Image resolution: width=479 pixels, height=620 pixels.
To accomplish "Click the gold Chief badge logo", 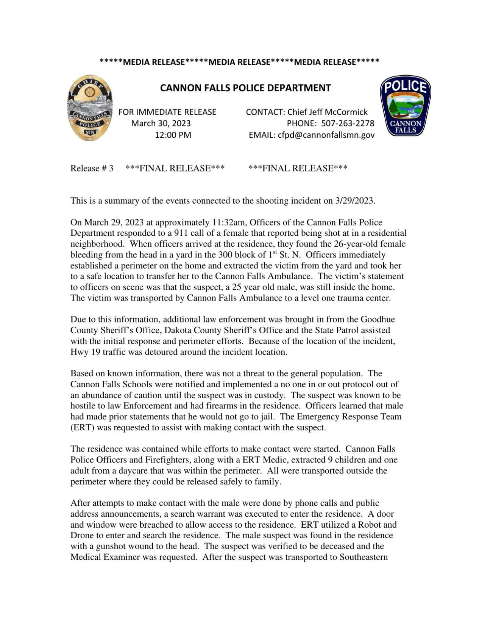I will coord(90,108).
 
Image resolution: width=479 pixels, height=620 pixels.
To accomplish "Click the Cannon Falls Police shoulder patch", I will coord(405,106).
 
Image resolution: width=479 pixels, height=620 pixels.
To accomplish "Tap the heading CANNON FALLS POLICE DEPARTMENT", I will coord(245,88).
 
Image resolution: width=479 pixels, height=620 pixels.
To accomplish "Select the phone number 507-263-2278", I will coord(348,123).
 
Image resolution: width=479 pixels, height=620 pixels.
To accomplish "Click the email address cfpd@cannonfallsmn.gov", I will coord(326,135).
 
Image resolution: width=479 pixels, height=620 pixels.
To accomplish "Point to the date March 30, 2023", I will coord(161,123).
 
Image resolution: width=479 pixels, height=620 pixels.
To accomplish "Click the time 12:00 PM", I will coord(173,135).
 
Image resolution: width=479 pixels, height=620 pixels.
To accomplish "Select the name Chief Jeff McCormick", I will coord(327,112).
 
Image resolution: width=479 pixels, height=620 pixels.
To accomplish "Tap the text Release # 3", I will coord(92,168).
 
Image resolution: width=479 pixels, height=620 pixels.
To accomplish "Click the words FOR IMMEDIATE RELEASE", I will coord(167,112).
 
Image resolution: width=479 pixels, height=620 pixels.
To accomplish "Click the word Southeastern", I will coord(364,558).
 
